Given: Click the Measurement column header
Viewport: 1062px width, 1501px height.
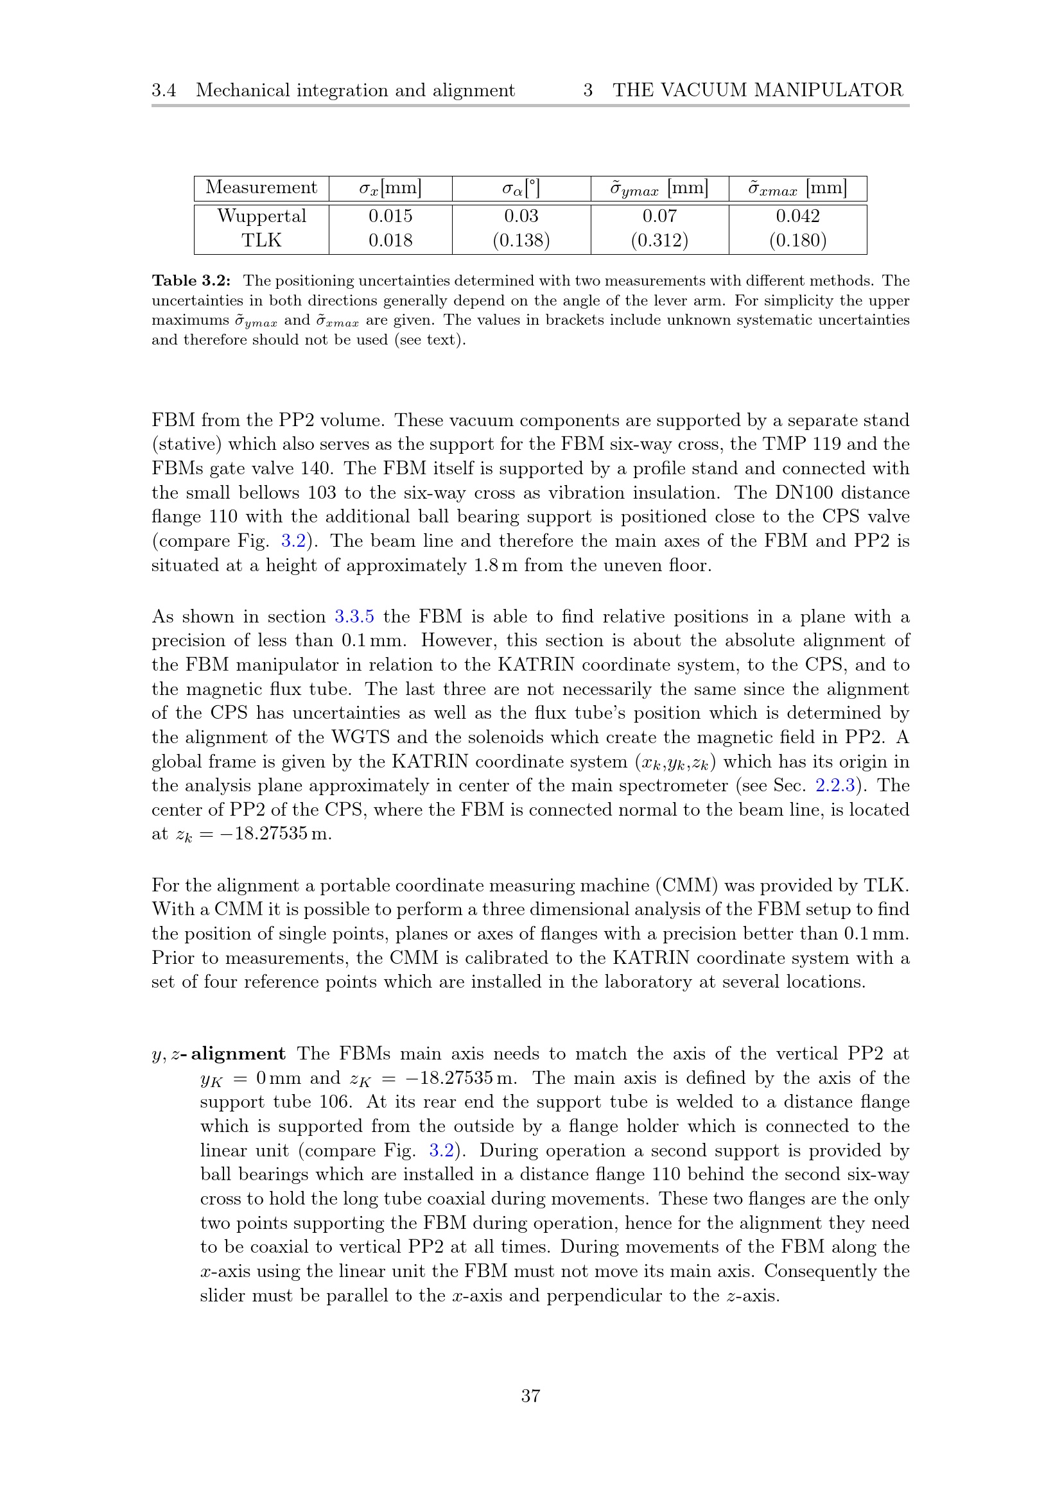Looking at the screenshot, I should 261,187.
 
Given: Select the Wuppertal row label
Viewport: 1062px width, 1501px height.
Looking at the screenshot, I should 261,216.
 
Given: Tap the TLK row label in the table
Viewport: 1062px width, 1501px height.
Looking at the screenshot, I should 261,240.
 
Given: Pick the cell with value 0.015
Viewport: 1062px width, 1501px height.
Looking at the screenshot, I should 390,216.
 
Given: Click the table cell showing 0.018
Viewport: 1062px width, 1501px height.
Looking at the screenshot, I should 390,240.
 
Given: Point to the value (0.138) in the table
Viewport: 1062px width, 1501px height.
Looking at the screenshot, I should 521,240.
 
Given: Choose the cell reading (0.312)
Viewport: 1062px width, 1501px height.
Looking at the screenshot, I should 659,240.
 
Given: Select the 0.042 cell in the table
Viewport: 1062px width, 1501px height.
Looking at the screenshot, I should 797,216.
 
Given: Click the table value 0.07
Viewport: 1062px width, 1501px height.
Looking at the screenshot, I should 659,216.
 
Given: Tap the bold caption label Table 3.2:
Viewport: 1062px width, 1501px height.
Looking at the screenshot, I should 191,280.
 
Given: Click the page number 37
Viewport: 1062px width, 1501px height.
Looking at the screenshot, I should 530,1396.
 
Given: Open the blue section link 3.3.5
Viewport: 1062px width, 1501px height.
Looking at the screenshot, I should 354,617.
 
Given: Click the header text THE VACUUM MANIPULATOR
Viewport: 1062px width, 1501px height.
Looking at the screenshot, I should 757,90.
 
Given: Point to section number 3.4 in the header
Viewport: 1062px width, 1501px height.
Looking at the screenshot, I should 164,90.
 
